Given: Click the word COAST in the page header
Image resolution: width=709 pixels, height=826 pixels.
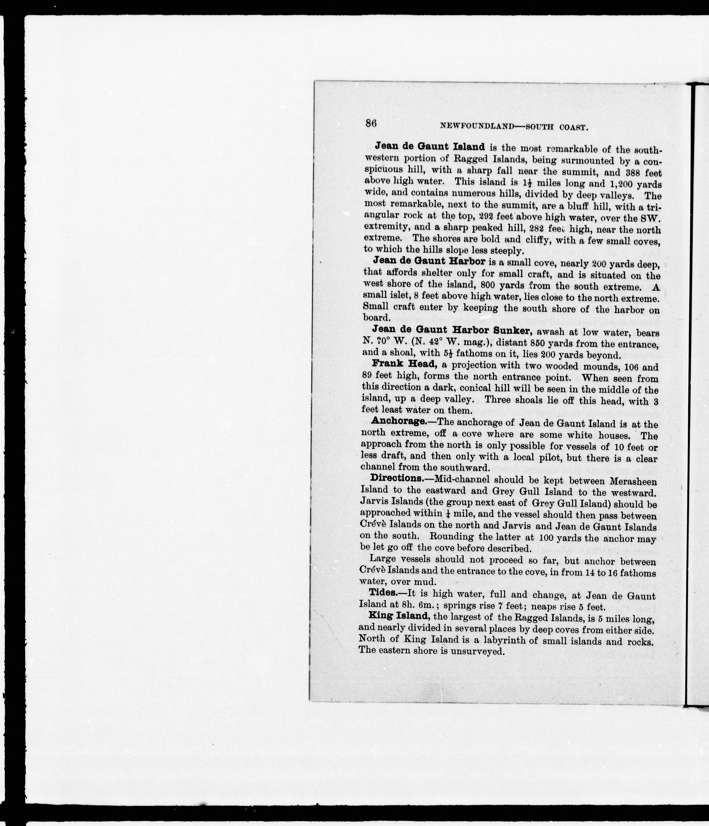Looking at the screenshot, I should pyautogui.click(x=574, y=128).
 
